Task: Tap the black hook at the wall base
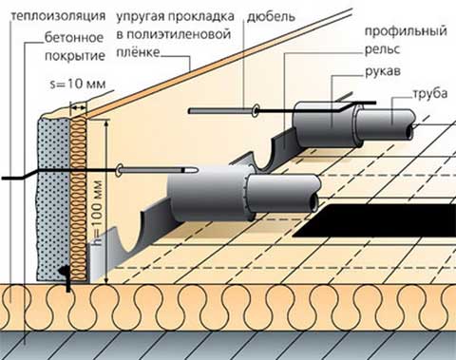pos(68,275)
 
